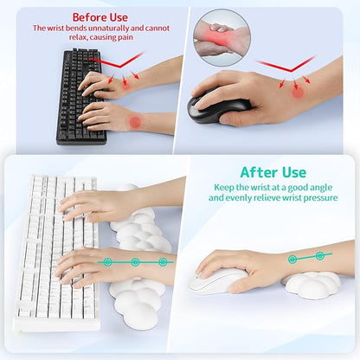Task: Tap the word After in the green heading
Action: [261, 172]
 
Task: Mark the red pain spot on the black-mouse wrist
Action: [298, 92]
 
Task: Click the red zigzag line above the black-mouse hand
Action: [286, 65]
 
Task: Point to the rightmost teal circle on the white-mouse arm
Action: [319, 255]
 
